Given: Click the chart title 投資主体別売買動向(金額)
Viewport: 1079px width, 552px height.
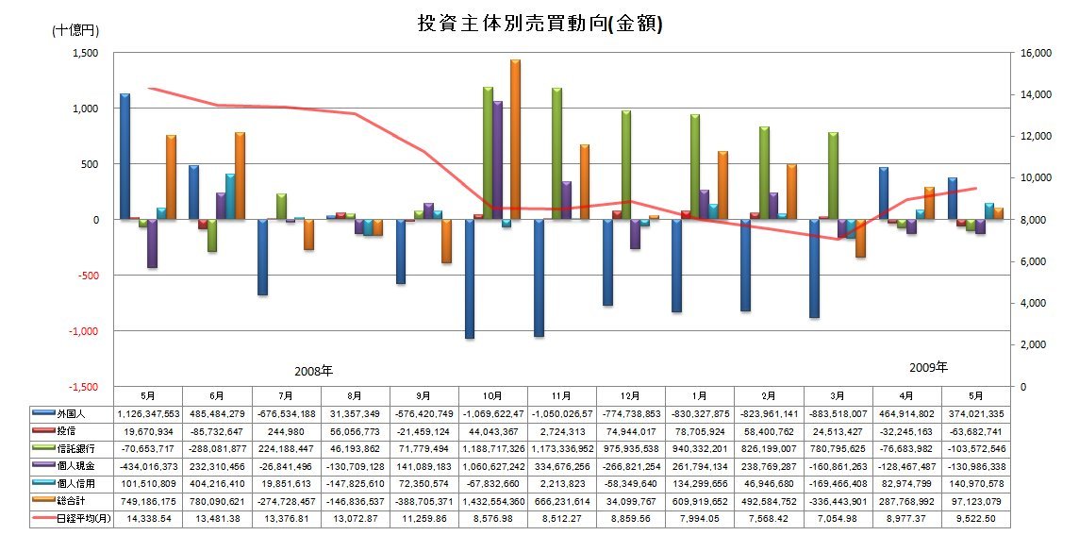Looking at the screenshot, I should pos(539,25).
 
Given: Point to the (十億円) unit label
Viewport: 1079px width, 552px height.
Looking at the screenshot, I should pos(74,30).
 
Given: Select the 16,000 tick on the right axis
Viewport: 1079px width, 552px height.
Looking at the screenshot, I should pos(1037,54).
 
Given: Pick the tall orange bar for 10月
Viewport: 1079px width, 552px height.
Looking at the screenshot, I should pos(515,140).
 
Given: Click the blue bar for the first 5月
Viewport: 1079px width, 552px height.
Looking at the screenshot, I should pos(124,157).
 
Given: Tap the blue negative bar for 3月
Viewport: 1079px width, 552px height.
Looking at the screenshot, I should pos(814,269).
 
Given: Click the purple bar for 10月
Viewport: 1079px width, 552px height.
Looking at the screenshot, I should pos(498,160).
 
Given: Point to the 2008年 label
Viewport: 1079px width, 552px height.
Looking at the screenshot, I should pos(314,371).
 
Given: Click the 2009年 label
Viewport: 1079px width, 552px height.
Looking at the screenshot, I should pos(928,366).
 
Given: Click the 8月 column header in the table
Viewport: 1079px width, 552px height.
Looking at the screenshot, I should pos(355,397).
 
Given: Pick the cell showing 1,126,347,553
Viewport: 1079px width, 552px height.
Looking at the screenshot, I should pos(148,412).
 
